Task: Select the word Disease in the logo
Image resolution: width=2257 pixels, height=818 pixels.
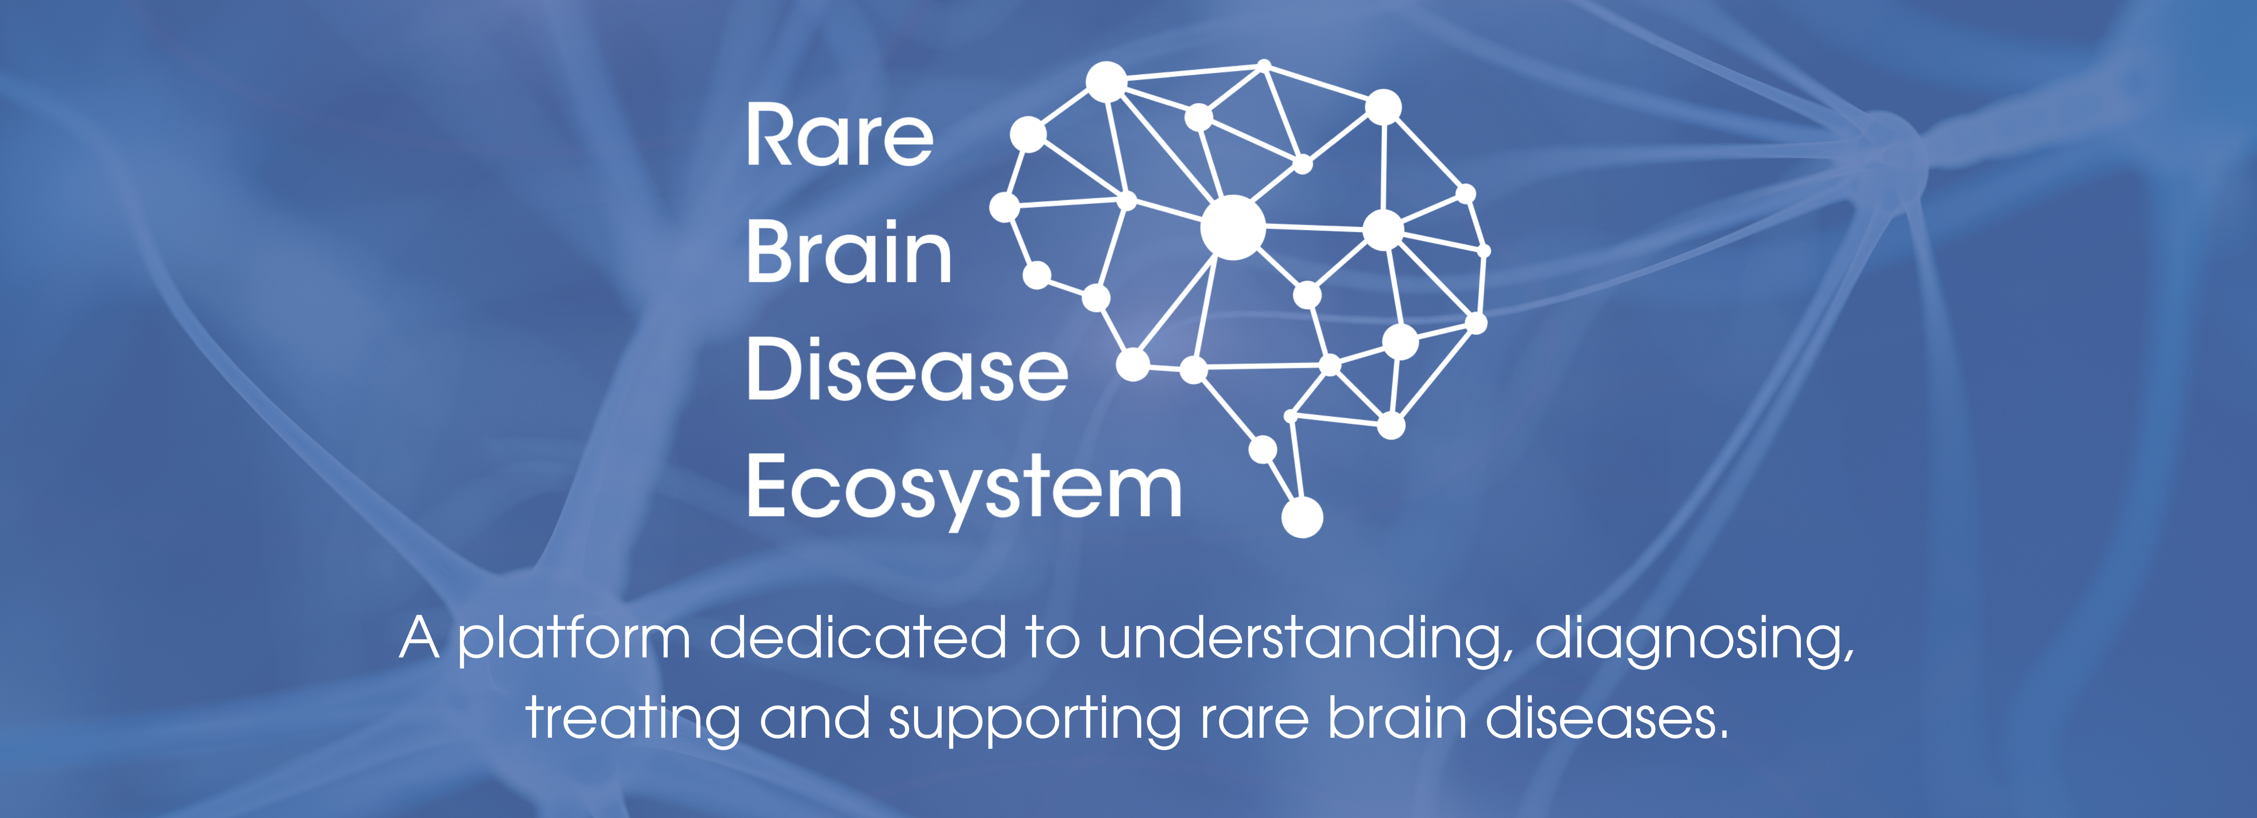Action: (907, 370)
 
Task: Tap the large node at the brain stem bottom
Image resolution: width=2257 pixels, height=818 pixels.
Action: (1302, 517)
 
